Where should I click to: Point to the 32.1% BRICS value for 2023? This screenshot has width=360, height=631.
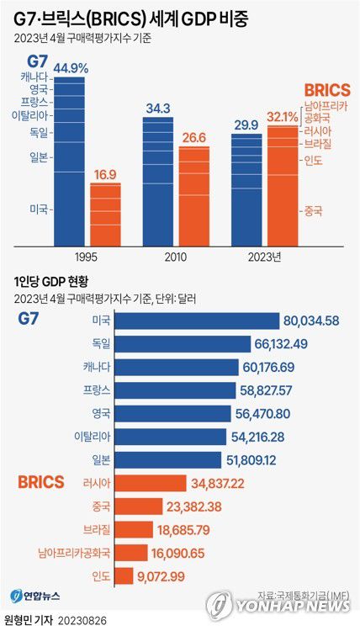click(283, 117)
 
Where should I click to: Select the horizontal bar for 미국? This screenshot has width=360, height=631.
click(196, 321)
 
